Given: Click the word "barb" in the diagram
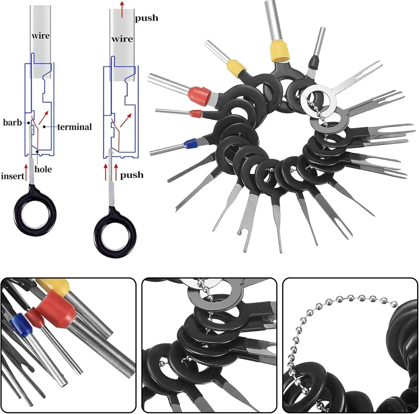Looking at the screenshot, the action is [x=12, y=122].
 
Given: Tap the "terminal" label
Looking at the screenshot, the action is [x=74, y=127].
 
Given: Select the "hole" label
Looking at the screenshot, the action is [x=43, y=169].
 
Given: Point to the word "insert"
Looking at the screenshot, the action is [x=13, y=176].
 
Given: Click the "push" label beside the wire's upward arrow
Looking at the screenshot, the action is [x=146, y=18].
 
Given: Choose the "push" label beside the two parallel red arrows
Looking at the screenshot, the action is [x=132, y=175].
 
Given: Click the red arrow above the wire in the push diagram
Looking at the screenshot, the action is [x=122, y=9].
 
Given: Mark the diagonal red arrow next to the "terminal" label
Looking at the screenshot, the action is [x=43, y=117].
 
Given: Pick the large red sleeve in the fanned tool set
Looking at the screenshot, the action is [x=200, y=96].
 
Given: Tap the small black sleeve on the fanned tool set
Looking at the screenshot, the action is [x=314, y=62].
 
